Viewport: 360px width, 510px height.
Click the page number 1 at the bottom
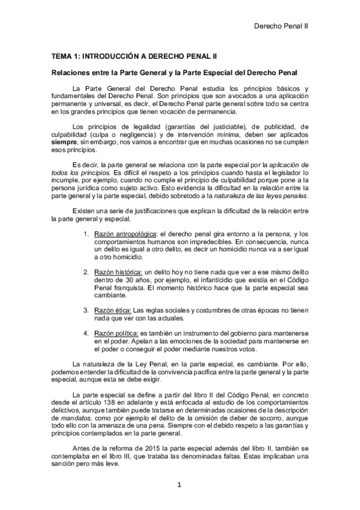click(180, 485)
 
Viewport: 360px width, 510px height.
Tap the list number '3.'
click(87, 309)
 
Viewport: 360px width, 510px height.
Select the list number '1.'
click(87, 233)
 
